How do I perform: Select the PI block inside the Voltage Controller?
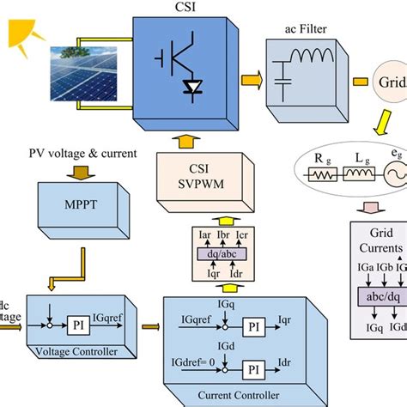[78, 326]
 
